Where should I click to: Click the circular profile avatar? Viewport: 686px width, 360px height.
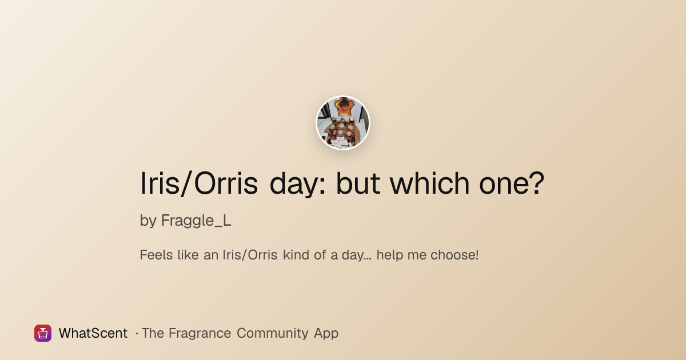343,123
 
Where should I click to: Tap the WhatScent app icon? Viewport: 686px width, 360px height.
43,333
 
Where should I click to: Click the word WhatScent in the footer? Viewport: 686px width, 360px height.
93,333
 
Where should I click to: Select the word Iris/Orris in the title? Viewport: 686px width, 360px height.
199,183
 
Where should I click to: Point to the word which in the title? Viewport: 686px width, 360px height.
430,183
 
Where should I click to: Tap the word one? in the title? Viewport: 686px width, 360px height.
512,183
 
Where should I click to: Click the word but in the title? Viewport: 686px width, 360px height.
358,183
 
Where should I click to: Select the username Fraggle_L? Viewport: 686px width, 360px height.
196,221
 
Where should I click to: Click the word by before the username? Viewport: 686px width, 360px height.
148,221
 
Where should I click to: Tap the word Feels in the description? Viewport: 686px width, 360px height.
156,255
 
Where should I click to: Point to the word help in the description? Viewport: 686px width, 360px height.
389,255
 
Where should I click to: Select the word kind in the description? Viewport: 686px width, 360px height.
296,255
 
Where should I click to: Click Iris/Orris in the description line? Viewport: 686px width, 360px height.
250,255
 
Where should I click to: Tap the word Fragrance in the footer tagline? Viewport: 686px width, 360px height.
200,333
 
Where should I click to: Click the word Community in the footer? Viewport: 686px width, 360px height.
272,333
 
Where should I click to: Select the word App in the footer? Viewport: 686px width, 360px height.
326,334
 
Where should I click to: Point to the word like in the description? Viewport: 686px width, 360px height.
188,255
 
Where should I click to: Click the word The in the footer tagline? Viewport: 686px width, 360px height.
153,333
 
